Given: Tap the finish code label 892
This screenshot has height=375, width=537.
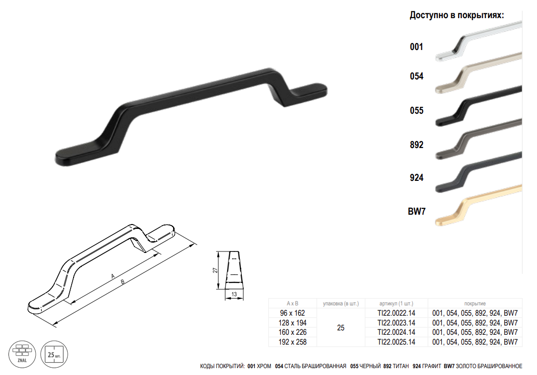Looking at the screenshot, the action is (416, 145).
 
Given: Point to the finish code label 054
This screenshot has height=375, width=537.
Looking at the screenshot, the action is (416, 76).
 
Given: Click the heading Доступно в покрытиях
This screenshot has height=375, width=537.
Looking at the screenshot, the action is (457, 15).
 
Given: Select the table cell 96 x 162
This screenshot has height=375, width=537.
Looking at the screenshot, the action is (292, 313).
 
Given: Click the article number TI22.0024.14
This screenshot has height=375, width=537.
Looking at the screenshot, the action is (396, 332).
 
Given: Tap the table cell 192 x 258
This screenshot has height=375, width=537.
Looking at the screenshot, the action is (292, 342).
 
